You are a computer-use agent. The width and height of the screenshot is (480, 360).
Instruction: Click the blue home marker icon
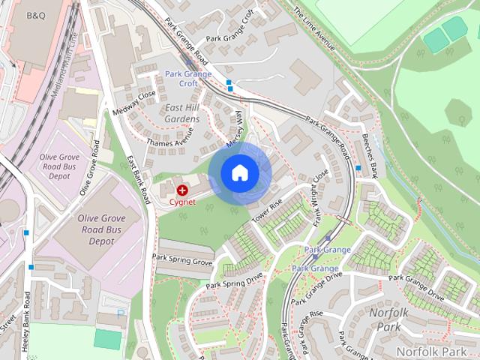[239, 173]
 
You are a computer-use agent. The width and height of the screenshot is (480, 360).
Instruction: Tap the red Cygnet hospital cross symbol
[182, 191]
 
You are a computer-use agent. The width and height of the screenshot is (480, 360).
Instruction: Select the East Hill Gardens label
[182, 114]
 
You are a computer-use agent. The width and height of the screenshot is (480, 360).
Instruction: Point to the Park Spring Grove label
[182, 259]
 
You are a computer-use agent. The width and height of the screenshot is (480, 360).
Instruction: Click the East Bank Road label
[138, 180]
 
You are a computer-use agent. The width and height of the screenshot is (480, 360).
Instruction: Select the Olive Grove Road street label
[88, 167]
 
